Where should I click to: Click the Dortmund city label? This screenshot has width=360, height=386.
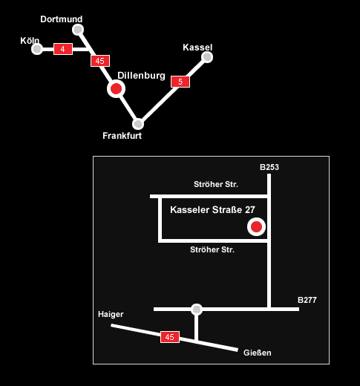(x=62, y=19)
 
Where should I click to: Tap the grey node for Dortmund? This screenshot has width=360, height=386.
(x=78, y=30)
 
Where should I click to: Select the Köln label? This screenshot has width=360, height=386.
(x=30, y=41)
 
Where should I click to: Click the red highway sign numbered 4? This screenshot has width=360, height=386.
(x=63, y=49)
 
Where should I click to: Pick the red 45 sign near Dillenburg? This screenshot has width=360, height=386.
(x=100, y=61)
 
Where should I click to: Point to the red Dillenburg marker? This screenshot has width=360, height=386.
(x=116, y=88)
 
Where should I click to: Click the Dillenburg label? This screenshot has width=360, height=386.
(x=141, y=76)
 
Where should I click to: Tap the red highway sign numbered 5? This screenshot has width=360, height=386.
(x=180, y=82)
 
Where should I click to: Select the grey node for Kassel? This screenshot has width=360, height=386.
(x=207, y=57)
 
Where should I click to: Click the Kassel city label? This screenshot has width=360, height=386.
(x=197, y=48)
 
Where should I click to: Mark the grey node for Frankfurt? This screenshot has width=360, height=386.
(x=138, y=124)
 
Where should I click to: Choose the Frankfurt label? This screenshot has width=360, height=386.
(x=122, y=136)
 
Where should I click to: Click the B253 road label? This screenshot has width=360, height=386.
(x=269, y=167)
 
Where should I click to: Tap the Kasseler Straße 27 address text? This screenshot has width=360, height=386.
(x=212, y=210)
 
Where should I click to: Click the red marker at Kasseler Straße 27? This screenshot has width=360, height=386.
(x=256, y=226)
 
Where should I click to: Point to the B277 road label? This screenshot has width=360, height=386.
(x=307, y=300)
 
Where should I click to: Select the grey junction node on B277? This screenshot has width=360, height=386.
(x=197, y=310)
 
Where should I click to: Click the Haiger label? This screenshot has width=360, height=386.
(x=111, y=315)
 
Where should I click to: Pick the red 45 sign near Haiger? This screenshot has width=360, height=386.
(x=170, y=337)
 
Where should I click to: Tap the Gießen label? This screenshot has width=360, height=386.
(x=258, y=353)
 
